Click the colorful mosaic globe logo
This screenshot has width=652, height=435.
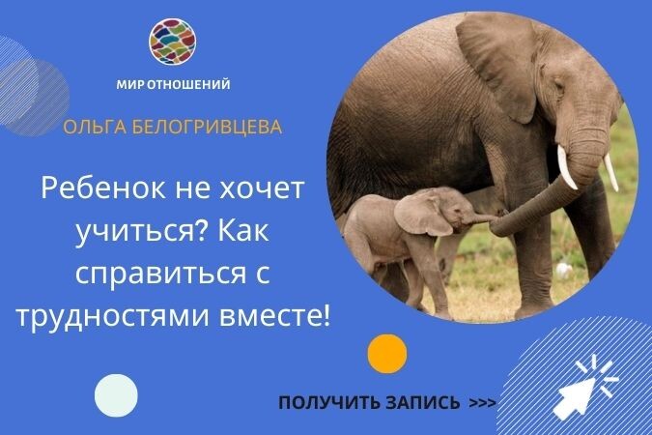coord(173,42)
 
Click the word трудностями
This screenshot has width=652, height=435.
coord(114,317)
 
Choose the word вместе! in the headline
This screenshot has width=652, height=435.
coord(274,316)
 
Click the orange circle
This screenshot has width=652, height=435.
coord(387,354)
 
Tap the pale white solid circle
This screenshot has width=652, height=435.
coord(116,396)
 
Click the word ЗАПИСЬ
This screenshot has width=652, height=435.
coord(422,403)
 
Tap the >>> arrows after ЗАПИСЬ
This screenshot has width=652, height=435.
coord(482,403)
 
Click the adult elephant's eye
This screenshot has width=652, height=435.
coord(559,87)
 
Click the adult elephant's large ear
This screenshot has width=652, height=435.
coord(496,67)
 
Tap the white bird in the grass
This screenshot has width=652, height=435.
coord(563,271)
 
